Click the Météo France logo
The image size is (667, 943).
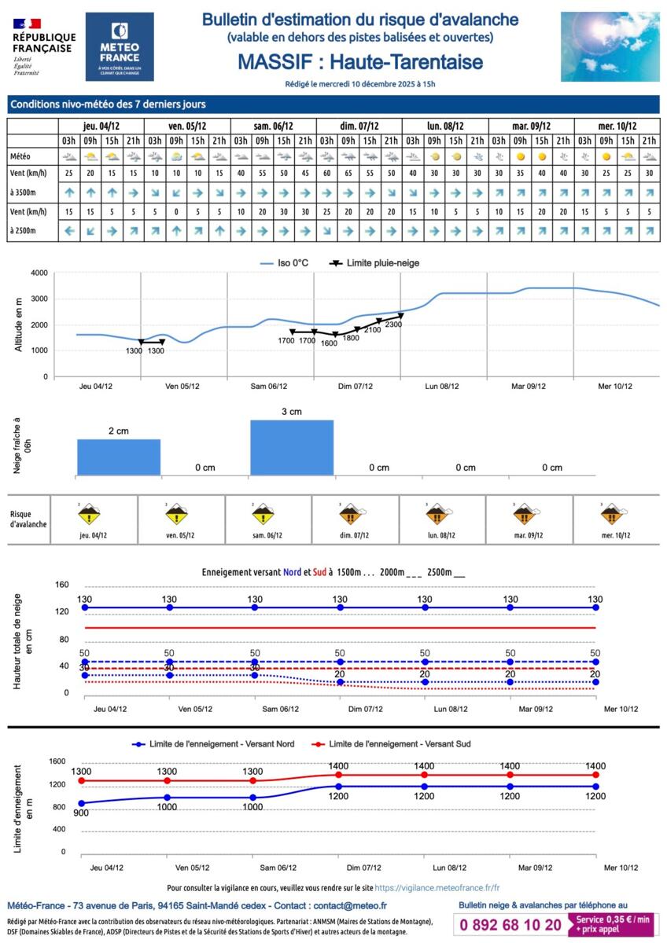(x=120, y=46)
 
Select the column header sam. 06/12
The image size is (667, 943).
(x=274, y=126)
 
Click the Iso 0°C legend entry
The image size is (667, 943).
(x=286, y=262)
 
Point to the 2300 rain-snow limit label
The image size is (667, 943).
(x=394, y=325)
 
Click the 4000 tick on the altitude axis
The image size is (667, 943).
(x=39, y=273)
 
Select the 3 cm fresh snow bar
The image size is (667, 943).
(x=292, y=448)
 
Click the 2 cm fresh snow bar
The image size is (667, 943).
(x=119, y=457)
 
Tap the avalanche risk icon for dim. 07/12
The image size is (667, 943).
(x=354, y=516)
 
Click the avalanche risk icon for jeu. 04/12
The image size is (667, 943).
(x=91, y=516)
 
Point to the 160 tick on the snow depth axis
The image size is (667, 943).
(x=63, y=585)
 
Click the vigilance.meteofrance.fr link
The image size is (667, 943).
(x=437, y=887)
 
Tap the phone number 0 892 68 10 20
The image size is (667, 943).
(x=511, y=925)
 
